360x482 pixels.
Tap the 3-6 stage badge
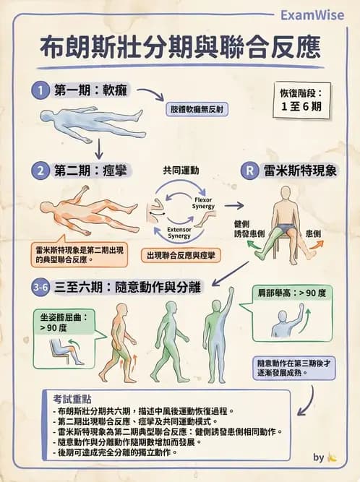click(x=42, y=287)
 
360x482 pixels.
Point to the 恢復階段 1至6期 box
click(x=301, y=100)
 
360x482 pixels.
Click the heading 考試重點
click(x=72, y=398)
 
